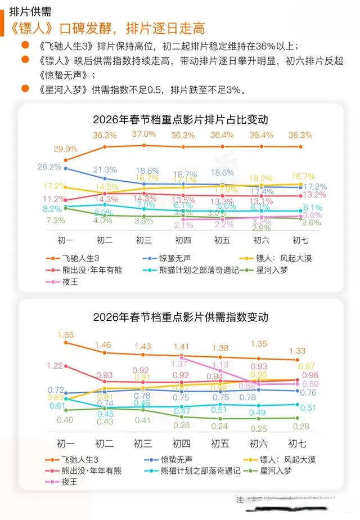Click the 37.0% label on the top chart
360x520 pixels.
(x=144, y=134)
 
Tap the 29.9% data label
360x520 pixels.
(x=66, y=149)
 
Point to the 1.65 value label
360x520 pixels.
(x=66, y=335)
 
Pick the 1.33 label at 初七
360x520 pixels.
(x=297, y=351)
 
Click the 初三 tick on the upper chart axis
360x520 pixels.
(x=144, y=240)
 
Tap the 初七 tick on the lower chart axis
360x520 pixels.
(x=297, y=441)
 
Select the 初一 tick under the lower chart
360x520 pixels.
(x=66, y=441)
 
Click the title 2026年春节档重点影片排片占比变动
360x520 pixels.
(x=180, y=119)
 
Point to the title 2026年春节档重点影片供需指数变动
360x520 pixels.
(x=180, y=317)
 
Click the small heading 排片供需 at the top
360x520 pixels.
(x=30, y=11)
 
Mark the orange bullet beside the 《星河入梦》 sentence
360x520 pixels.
(x=24, y=88)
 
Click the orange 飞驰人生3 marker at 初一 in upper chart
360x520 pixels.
(x=66, y=160)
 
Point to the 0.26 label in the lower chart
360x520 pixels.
(x=297, y=426)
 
